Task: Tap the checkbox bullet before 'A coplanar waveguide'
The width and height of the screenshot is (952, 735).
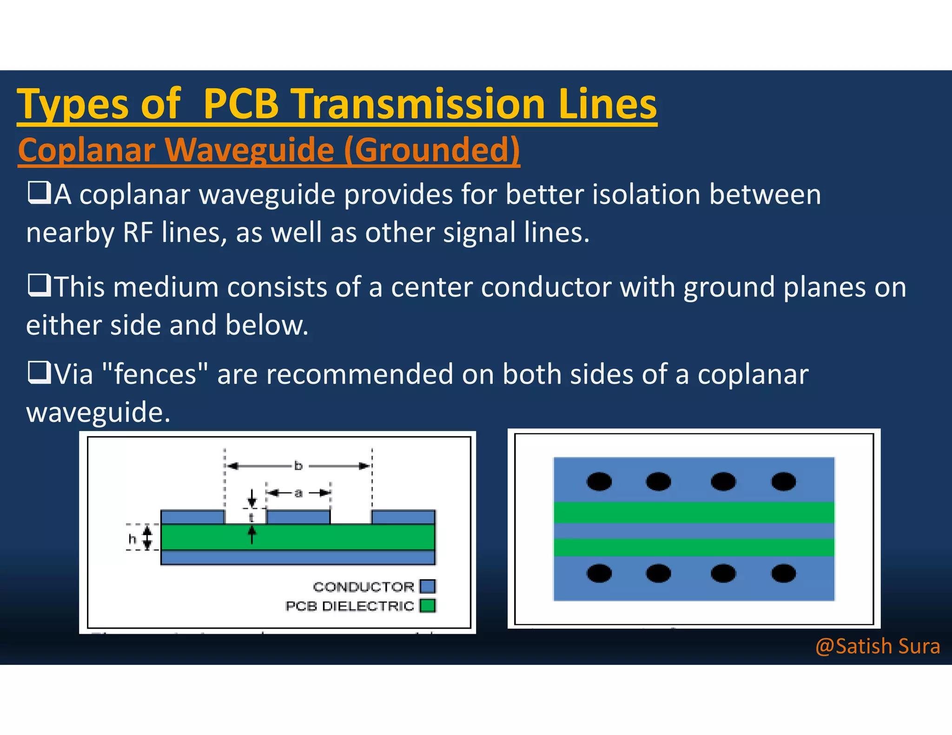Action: [39, 193]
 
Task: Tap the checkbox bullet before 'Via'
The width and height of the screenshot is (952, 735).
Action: [39, 373]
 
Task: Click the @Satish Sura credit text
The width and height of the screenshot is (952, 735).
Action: [877, 646]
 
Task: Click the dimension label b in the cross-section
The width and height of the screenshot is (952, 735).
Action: [298, 466]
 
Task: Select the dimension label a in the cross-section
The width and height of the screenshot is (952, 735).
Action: [298, 493]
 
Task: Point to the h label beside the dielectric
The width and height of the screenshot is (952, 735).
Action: [132, 538]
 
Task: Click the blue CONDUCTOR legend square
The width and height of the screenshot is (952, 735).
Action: [427, 586]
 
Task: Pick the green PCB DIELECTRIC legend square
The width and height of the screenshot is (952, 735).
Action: [427, 606]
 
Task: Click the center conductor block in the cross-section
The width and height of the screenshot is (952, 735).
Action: [298, 517]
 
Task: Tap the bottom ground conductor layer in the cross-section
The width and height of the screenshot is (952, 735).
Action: [298, 558]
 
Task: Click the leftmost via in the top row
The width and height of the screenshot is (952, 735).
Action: [599, 481]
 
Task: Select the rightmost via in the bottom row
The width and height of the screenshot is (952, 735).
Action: [784, 573]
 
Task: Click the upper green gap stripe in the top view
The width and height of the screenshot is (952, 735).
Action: [694, 512]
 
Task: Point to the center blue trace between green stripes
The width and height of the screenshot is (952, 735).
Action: [694, 531]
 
